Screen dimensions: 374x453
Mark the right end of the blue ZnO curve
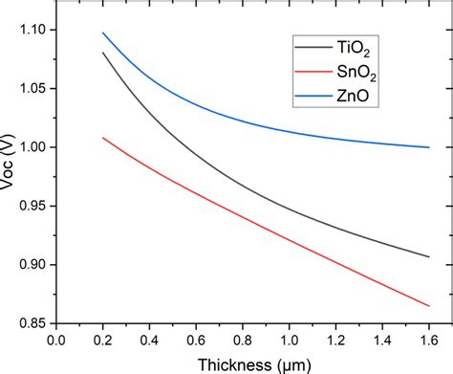click(x=429, y=147)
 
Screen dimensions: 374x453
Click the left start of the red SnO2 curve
click(x=102, y=138)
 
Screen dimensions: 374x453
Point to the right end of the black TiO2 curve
click(x=429, y=256)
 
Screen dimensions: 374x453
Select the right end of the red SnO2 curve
click(x=429, y=306)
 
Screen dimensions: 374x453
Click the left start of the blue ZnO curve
click(x=102, y=33)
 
